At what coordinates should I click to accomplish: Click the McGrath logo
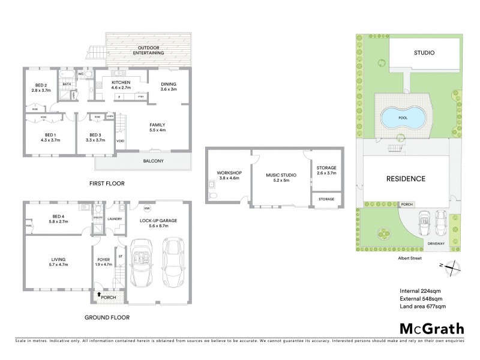[x=431, y=328]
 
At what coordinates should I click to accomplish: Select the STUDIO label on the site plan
[x=424, y=53]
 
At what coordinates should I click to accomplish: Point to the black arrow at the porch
[x=100, y=295]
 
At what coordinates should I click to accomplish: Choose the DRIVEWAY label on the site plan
[x=436, y=243]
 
